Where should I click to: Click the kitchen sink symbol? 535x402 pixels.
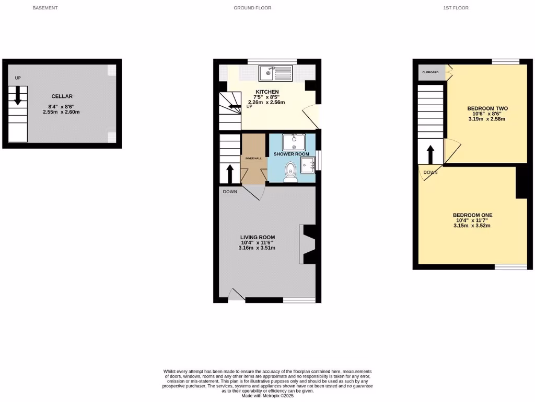click(269, 72)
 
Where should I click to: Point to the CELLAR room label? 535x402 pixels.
click(62, 96)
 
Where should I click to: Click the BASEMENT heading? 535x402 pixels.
click(45, 8)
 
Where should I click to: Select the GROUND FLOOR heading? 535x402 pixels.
click(252, 8)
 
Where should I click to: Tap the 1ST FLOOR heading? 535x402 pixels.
click(456, 8)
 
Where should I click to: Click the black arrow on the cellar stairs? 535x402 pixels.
click(18, 96)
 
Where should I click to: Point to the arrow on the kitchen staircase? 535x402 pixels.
click(235, 106)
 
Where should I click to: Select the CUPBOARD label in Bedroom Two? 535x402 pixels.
click(431, 72)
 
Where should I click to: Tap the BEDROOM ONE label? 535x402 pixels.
click(472, 215)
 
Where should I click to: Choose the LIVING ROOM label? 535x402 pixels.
click(258, 237)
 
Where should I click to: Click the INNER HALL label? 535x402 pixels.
click(253, 158)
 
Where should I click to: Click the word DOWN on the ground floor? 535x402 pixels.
click(230, 192)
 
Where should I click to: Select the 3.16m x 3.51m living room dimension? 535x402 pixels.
click(258, 248)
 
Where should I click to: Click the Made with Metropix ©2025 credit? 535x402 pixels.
click(268, 396)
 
